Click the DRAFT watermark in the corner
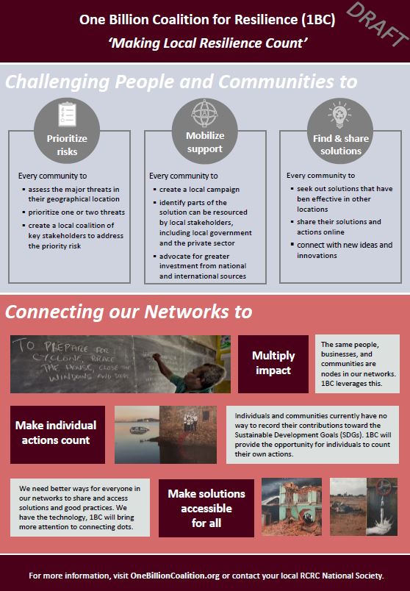tap(377, 25)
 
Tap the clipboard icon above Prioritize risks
tap(67, 114)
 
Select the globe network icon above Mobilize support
tap(204, 113)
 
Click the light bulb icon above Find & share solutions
tap(339, 114)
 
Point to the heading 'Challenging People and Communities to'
tap(181, 82)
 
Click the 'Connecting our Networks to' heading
tap(129, 312)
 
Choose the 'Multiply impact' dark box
tap(273, 364)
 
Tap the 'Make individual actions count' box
tap(57, 434)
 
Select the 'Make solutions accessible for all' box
tap(206, 508)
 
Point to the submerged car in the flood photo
tap(139, 430)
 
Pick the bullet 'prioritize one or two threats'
tap(76, 212)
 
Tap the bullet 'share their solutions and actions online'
tap(339, 227)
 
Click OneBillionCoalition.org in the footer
tap(175, 576)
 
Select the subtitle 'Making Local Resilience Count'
tap(208, 43)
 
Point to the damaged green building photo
tap(292, 506)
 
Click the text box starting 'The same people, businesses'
tap(357, 364)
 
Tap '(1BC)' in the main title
tap(318, 20)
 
